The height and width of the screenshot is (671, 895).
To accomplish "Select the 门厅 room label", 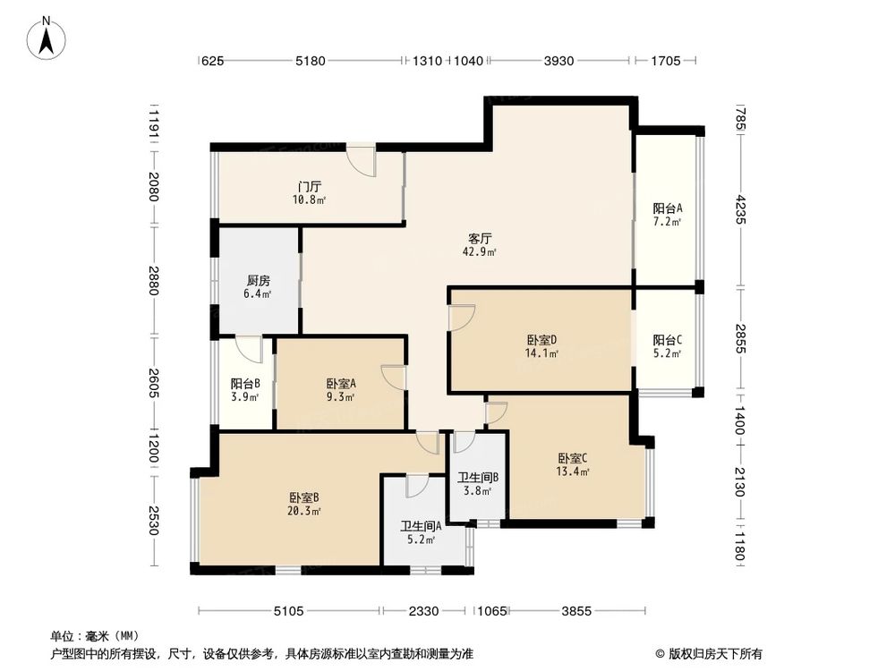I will [x=310, y=187].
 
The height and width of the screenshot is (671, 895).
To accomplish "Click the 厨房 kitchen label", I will [x=259, y=278].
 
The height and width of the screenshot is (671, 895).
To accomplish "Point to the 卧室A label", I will [x=341, y=383].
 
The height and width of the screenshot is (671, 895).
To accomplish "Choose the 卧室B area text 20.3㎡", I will [x=305, y=511].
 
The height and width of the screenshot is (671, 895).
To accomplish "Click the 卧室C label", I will [x=572, y=458].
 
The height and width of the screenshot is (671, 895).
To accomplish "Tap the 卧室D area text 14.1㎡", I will [x=542, y=353].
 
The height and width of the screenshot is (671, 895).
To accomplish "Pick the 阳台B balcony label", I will [x=245, y=384].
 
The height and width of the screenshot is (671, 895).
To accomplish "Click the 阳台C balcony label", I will [x=667, y=340].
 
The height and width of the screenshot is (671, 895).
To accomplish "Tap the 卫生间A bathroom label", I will [x=418, y=526].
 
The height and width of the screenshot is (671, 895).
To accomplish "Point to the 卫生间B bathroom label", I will [x=477, y=477].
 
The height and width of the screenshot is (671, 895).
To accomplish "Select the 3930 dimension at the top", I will [x=560, y=61].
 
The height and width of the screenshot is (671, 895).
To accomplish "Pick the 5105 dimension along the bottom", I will [x=289, y=611].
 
